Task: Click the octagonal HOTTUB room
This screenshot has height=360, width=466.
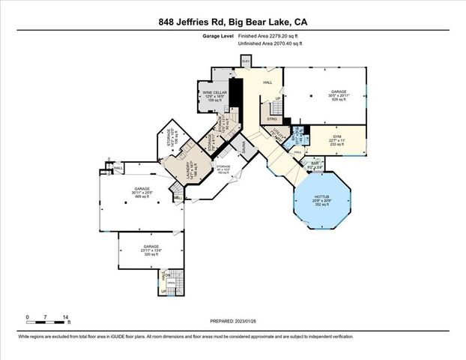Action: [322, 199]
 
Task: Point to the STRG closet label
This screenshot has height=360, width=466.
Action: [272, 118]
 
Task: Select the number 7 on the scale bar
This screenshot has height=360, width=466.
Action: [46, 318]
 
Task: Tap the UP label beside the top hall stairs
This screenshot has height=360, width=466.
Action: [278, 98]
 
